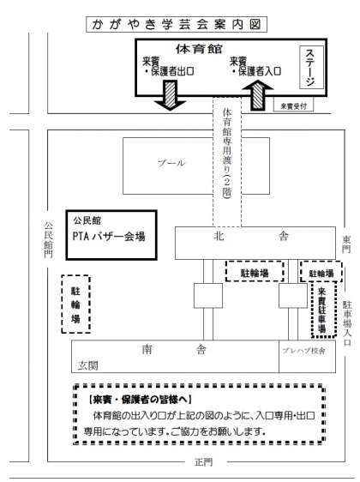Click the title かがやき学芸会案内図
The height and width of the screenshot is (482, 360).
point(177,25)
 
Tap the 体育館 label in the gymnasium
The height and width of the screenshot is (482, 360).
point(199,49)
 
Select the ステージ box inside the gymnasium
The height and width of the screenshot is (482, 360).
point(311,67)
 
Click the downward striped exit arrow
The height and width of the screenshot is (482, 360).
point(170,95)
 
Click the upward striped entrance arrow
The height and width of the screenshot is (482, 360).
point(258,95)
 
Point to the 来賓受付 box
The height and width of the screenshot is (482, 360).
point(293,106)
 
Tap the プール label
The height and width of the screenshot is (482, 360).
point(171,163)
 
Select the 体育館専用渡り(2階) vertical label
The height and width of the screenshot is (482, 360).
point(227,154)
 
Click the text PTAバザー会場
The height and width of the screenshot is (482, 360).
point(109,236)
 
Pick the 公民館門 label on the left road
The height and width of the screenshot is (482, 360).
point(48,239)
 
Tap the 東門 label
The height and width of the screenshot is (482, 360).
point(347,244)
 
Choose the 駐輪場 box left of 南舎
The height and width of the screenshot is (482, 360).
point(76,304)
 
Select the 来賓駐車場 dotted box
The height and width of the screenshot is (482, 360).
point(322,310)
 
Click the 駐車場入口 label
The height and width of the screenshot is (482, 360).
point(347,323)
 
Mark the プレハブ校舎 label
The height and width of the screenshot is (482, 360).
point(303,351)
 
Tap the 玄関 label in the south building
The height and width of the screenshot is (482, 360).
point(87,365)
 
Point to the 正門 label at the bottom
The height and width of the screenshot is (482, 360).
point(203,462)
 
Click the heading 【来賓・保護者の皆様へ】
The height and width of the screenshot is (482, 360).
point(140,400)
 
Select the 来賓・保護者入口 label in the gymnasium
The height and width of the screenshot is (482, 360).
point(255,66)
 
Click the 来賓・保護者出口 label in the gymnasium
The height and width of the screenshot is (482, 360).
point(168,66)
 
